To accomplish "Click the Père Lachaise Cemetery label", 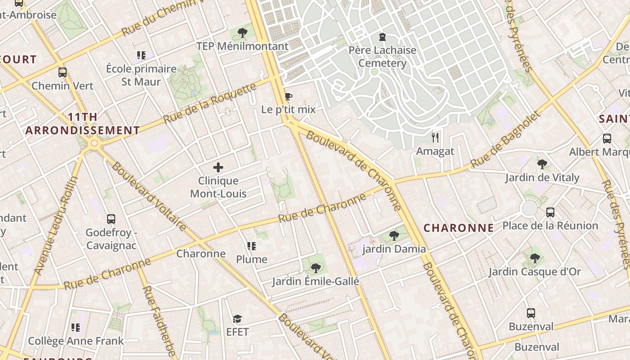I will (382, 56).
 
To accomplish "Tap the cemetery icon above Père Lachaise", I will (382, 36).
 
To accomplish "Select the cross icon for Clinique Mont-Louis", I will (218, 168).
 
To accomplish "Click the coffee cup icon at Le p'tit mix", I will (288, 96).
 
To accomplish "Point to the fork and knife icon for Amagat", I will (435, 137).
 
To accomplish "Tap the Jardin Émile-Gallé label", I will (315, 282).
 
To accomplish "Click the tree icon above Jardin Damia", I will (394, 235).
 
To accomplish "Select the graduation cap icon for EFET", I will (237, 319).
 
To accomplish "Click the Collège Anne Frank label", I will (76, 341).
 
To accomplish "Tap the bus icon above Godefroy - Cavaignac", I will (111, 219).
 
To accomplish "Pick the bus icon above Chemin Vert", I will (63, 72).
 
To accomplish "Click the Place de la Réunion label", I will (550, 225).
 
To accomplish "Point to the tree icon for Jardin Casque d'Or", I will (535, 258).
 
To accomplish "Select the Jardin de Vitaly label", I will (542, 177).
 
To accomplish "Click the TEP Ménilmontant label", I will (242, 46).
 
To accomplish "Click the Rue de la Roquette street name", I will (209, 104).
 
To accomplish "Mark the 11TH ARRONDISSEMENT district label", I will (82, 124).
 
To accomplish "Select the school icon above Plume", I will (252, 246).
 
